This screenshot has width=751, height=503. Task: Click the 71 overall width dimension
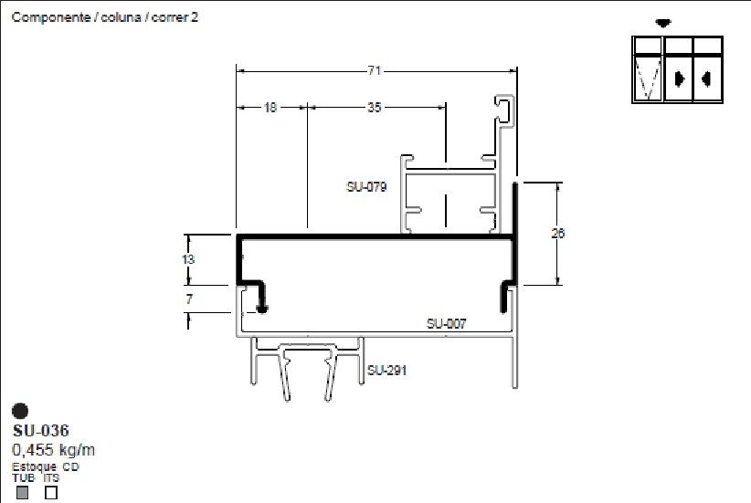pyautogui.click(x=375, y=71)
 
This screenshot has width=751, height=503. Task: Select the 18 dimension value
pyautogui.click(x=270, y=108)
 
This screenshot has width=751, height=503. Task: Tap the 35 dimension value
pyautogui.click(x=375, y=108)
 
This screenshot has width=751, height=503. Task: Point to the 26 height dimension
pyautogui.click(x=558, y=234)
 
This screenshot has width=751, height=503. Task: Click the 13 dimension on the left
pyautogui.click(x=188, y=259)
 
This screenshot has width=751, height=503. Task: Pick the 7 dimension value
pyautogui.click(x=189, y=299)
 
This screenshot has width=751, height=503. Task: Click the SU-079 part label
pyautogui.click(x=366, y=186)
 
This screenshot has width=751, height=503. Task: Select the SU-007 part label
pyautogui.click(x=447, y=324)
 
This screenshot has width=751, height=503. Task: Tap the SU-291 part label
pyautogui.click(x=387, y=370)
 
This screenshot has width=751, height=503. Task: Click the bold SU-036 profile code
pyautogui.click(x=41, y=431)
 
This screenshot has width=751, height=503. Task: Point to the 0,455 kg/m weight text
pyautogui.click(x=53, y=450)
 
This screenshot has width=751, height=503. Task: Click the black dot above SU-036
pyautogui.click(x=20, y=411)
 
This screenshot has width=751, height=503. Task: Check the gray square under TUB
pyautogui.click(x=22, y=492)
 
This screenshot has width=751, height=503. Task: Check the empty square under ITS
pyautogui.click(x=51, y=492)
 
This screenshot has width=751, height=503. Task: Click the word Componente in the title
pyautogui.click(x=51, y=17)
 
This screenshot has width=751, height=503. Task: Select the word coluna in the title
pyautogui.click(x=122, y=17)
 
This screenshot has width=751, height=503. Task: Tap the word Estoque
pyautogui.click(x=34, y=466)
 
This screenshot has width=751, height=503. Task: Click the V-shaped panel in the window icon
pyautogui.click(x=648, y=77)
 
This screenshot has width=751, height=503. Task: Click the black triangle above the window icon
pyautogui.click(x=663, y=23)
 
